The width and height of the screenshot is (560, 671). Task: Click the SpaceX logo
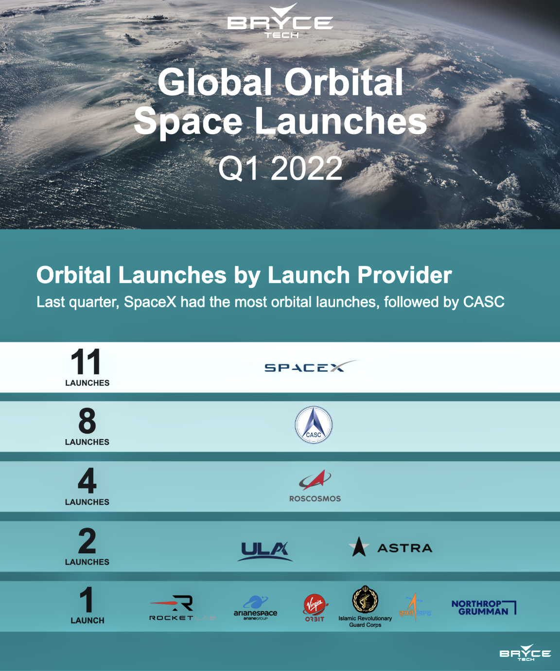(310, 367)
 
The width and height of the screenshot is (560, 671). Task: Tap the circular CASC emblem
(314, 425)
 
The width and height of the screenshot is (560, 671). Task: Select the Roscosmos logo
(315, 485)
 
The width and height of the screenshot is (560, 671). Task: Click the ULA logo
(265, 550)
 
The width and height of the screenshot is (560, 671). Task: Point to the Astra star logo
(359, 547)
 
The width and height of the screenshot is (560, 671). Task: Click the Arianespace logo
(255, 608)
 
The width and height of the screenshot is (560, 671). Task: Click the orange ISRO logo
(415, 608)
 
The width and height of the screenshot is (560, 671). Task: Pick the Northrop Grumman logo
(484, 608)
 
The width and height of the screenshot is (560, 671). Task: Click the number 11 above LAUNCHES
(86, 362)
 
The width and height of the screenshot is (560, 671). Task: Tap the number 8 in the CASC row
(87, 421)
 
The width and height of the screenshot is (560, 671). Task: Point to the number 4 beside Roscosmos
(87, 481)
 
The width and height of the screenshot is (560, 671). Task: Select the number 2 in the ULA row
(87, 541)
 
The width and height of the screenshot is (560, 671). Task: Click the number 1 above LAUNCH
(87, 600)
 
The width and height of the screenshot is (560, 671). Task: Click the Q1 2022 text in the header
(280, 169)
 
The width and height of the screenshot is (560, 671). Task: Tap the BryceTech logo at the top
(280, 22)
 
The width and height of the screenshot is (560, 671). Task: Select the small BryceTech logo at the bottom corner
(525, 653)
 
